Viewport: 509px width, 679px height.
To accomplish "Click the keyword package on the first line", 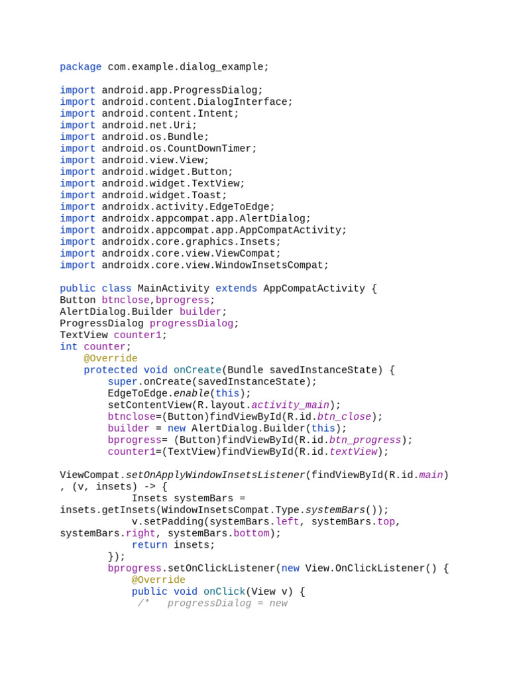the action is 80,67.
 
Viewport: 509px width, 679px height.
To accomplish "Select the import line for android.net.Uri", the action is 128,125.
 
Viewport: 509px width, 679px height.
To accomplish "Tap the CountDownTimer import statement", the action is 158,149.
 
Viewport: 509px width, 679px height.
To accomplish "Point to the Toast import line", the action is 143,196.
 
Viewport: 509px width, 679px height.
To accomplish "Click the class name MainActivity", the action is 173,288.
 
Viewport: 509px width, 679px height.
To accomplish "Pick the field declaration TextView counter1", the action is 113,335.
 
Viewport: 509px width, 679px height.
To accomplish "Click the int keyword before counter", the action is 68,347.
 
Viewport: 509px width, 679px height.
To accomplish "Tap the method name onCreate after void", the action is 197,370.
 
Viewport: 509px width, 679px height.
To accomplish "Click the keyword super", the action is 123,382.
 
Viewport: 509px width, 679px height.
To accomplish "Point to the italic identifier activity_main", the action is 290,405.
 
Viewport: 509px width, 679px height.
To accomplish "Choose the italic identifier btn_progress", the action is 365,440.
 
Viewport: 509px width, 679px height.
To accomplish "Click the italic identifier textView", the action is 353,452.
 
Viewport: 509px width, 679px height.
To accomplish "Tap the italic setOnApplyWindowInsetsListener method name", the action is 215,475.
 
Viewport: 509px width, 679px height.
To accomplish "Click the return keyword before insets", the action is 149,545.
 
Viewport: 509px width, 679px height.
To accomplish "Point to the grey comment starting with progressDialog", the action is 213,603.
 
